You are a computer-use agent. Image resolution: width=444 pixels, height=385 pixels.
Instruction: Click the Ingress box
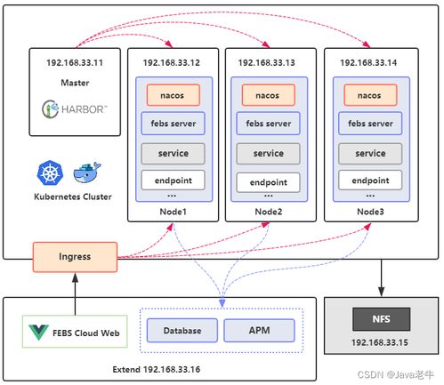click(x=75, y=258)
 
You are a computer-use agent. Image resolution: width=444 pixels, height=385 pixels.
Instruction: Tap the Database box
click(x=182, y=331)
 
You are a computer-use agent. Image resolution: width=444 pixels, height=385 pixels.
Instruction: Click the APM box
click(x=259, y=331)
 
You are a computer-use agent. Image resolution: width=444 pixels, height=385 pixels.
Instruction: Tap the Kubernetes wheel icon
click(x=50, y=172)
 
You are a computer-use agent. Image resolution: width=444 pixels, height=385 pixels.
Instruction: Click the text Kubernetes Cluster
click(x=73, y=196)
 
